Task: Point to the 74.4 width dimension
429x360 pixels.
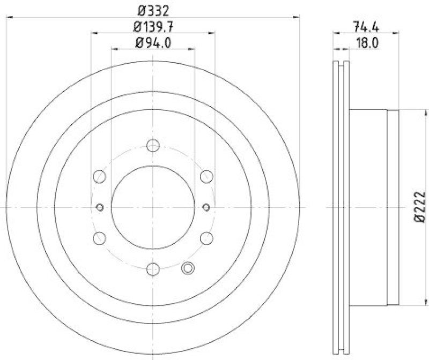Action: coord(364,26)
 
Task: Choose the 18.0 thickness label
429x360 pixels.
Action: coord(365,43)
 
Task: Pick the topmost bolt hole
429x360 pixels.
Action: coord(153,145)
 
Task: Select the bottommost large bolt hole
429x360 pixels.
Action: coord(153,269)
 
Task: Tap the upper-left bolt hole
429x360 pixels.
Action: coord(99,176)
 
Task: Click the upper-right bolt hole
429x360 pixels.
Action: coord(206,176)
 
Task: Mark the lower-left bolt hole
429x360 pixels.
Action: coord(99,238)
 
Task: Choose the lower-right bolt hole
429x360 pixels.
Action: coord(206,238)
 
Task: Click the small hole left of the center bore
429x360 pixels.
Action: coord(99,207)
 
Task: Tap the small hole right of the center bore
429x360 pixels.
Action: coord(207,207)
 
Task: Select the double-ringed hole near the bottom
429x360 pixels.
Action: coord(188,269)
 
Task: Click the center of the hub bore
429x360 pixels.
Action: coord(153,207)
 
